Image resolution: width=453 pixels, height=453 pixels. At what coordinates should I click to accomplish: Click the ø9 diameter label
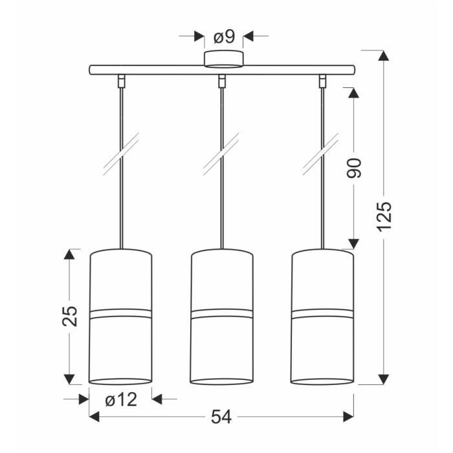click(224, 38)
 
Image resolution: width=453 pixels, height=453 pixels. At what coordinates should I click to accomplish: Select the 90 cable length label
click(354, 168)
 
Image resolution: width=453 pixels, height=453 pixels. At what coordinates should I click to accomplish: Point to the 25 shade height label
click(70, 316)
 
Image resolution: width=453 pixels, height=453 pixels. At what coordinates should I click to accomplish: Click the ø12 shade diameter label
click(121, 400)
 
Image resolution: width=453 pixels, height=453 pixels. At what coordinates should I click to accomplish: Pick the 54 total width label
click(221, 417)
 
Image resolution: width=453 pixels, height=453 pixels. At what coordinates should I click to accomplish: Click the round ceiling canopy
click(224, 60)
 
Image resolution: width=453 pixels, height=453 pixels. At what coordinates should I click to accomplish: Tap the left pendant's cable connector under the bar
click(122, 81)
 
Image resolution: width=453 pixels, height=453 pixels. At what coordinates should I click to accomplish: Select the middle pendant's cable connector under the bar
click(222, 81)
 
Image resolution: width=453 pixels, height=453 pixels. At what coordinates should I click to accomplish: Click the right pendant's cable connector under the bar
click(322, 81)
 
